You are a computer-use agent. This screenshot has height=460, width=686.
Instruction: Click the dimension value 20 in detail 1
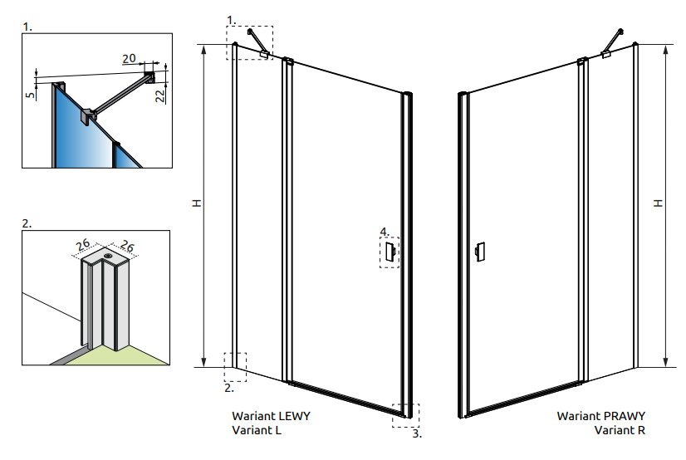(129, 58)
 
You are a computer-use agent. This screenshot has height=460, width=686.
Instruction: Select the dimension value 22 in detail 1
(160, 94)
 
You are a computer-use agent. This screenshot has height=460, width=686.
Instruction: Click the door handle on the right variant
(479, 252)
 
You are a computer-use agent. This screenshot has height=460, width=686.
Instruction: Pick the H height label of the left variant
(196, 203)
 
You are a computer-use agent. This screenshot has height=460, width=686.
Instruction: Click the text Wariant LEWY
(271, 416)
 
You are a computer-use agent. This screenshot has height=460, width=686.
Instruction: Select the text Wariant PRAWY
(601, 416)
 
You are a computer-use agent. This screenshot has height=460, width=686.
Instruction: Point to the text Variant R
(620, 430)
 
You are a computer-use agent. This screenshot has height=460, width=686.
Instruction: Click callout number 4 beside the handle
(383, 231)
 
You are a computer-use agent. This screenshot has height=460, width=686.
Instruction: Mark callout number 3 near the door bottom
(417, 433)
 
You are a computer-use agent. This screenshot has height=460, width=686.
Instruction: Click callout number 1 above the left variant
(231, 17)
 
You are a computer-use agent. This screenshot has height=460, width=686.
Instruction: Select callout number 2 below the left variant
(231, 386)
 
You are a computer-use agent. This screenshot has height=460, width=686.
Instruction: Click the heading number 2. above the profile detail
(27, 223)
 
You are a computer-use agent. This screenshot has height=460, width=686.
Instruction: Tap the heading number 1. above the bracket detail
(27, 27)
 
